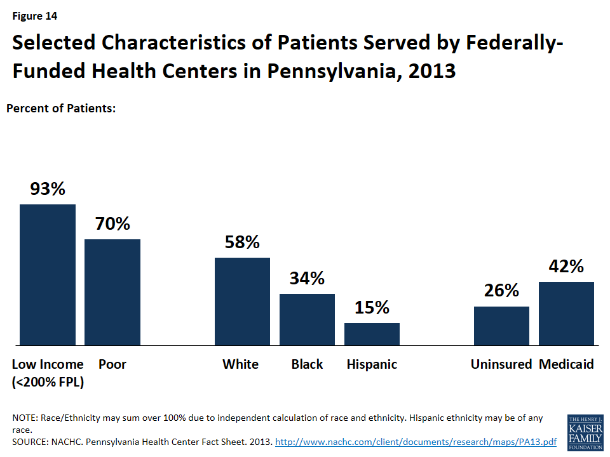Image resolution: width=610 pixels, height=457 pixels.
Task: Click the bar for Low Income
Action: pyautogui.click(x=48, y=275)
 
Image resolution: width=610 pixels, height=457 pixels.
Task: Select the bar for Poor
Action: pyautogui.click(x=112, y=292)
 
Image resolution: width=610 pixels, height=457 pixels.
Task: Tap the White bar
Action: pyautogui.click(x=242, y=301)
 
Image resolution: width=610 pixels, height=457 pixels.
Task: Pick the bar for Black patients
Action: pyautogui.click(x=307, y=319)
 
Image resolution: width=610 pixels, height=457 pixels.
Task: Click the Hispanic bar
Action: pyautogui.click(x=372, y=334)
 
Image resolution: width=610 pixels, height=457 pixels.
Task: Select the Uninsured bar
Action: pyautogui.click(x=501, y=326)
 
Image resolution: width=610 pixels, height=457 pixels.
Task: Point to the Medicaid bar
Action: pyautogui.click(x=566, y=314)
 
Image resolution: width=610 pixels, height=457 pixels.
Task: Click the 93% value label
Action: pyautogui.click(x=48, y=189)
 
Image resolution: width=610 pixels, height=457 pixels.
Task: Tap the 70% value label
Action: pyautogui.click(x=112, y=223)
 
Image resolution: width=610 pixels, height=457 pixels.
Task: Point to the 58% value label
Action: pyautogui.click(x=242, y=242)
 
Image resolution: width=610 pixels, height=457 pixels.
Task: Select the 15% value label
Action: pyautogui.click(x=372, y=307)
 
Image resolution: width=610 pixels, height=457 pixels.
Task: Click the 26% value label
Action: pyautogui.click(x=501, y=291)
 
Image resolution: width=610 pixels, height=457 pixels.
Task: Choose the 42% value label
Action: pyautogui.click(x=566, y=266)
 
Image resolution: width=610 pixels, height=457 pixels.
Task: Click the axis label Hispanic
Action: pyautogui.click(x=372, y=364)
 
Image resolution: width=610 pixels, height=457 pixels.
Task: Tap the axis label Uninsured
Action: pyautogui.click(x=501, y=364)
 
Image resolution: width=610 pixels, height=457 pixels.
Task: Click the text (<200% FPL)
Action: pyautogui.click(x=48, y=382)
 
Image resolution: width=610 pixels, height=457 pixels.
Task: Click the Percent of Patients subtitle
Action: pyautogui.click(x=61, y=109)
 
